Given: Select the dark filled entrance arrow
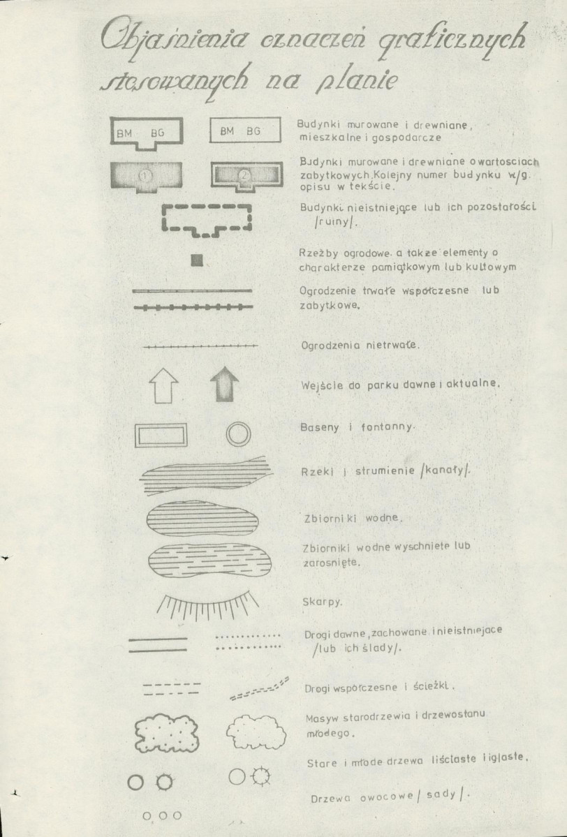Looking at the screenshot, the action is point(224,384).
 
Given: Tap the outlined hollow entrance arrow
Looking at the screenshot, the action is point(163,385).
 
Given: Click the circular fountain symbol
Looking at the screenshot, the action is point(238,434).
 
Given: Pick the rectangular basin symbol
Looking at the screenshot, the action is point(161,435).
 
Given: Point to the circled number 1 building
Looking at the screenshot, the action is point(146,176).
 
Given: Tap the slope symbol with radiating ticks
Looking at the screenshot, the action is point(208,605).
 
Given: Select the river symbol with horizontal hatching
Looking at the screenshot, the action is point(205,475).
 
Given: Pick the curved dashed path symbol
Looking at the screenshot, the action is point(259,688).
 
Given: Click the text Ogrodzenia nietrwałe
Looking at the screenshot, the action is point(361,345).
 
